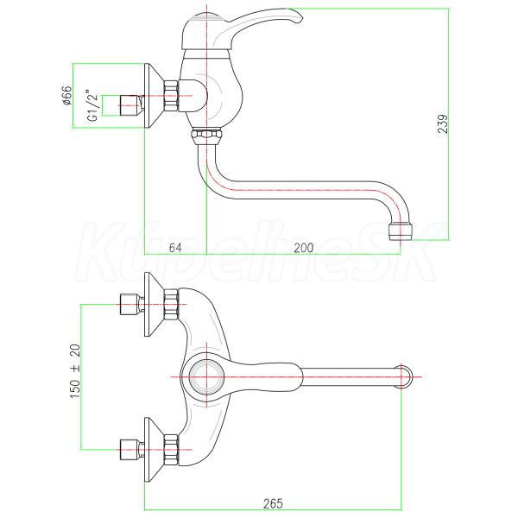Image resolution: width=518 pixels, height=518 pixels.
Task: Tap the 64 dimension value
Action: pyautogui.click(x=174, y=248)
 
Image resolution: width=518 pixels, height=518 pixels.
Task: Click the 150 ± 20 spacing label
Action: pyautogui.click(x=74, y=371)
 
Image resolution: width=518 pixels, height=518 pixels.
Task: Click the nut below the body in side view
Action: pyautogui.click(x=206, y=135)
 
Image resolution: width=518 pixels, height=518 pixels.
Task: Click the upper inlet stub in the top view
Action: pyautogui.click(x=129, y=305)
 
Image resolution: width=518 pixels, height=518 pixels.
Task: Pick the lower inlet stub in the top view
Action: pyautogui.click(x=129, y=448)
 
